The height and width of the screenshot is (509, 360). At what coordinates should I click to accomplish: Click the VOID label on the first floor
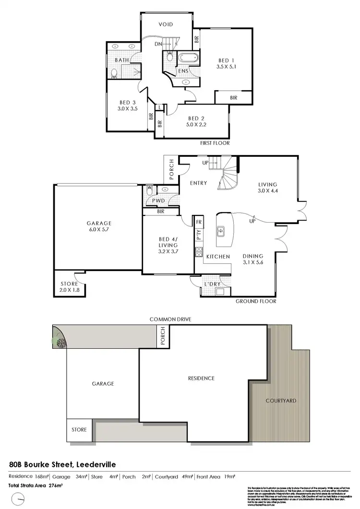(166, 24)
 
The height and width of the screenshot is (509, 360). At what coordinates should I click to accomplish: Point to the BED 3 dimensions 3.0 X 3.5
(127, 109)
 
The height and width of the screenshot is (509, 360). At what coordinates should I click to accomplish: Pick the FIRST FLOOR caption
(215, 143)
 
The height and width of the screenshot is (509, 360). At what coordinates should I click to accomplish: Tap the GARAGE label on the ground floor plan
(99, 223)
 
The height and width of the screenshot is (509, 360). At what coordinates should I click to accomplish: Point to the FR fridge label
(199, 223)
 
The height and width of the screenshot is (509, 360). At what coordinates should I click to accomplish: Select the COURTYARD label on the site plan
(281, 401)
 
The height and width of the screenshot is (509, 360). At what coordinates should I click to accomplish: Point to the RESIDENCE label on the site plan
(201, 379)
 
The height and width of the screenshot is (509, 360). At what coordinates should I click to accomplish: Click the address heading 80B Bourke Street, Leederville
(62, 464)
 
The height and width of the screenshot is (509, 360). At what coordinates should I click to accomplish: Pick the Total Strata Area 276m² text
(36, 485)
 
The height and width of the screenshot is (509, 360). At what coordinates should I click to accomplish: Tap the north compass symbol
(18, 499)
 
